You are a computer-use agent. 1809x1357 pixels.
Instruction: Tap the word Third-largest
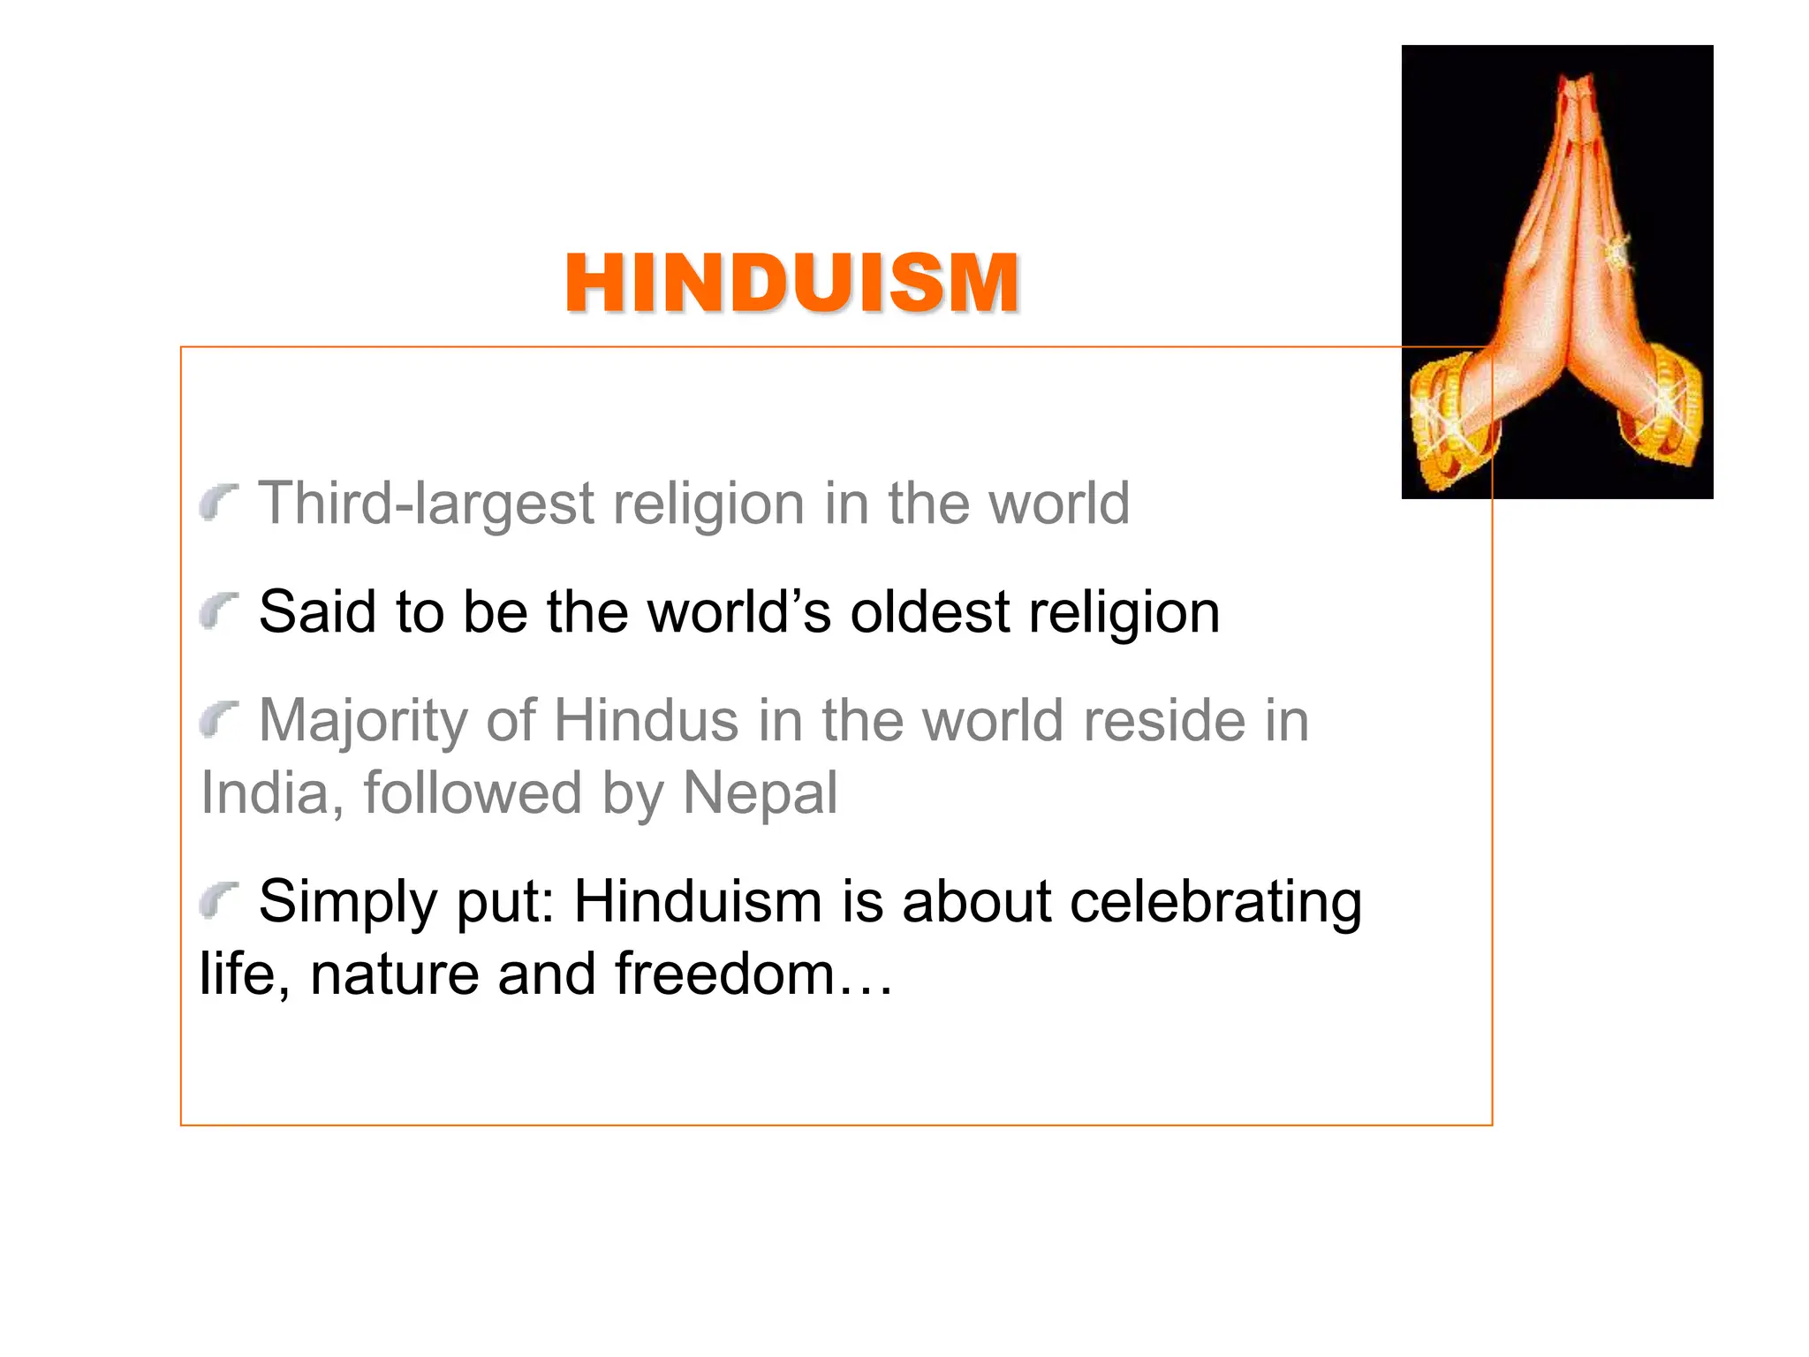(425, 504)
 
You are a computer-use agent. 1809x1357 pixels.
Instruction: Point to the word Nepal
(760, 792)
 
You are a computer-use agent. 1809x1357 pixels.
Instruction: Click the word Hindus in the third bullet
(646, 721)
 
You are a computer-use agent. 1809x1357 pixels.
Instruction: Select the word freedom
(725, 974)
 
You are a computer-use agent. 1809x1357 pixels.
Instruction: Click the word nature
(394, 974)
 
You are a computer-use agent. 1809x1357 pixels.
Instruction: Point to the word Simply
(347, 903)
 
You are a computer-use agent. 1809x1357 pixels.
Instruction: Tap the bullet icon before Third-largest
(218, 502)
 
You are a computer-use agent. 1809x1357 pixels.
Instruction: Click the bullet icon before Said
(218, 611)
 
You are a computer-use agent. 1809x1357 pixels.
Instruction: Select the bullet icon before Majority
(218, 720)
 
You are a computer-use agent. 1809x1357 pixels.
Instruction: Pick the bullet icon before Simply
(218, 901)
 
